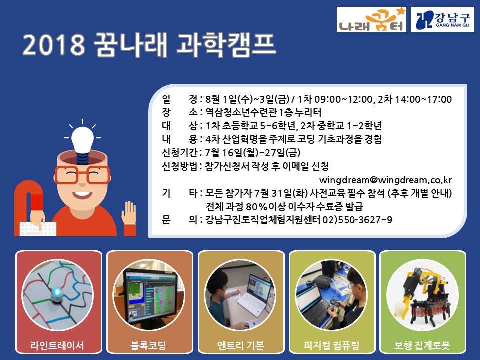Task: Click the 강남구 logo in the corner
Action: [442, 20]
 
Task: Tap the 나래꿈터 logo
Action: [371, 20]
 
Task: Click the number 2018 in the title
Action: [54, 45]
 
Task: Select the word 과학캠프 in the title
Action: [226, 44]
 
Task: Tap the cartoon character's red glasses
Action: [82, 175]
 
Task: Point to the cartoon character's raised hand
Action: [129, 213]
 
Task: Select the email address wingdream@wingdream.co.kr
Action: [385, 180]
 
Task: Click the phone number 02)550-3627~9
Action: [357, 220]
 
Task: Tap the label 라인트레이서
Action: [57, 346]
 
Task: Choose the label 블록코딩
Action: [148, 346]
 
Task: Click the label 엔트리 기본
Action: [241, 346]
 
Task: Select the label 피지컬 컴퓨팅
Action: [331, 346]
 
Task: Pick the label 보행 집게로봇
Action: [422, 346]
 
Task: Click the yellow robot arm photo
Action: [423, 295]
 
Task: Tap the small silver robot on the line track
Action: [57, 294]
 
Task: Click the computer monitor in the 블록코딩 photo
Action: [150, 296]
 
